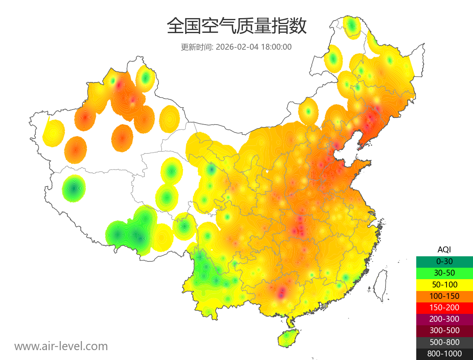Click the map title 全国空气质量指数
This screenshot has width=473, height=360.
236,26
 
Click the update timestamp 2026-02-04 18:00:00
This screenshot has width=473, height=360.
254,47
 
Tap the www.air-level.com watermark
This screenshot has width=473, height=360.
61,346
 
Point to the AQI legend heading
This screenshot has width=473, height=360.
444,250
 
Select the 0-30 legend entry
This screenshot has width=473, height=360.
444,261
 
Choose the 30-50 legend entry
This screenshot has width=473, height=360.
444,273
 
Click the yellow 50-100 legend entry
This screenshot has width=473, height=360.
444,284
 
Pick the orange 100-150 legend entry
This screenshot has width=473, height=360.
444,296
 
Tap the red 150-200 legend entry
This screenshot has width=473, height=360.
444,308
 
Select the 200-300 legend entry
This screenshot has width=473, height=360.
444,319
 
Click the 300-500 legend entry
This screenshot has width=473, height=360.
444,330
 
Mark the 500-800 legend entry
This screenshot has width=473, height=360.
444,342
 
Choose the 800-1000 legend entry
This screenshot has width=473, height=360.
444,354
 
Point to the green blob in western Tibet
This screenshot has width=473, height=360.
74,188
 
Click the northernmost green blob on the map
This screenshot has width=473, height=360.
352,26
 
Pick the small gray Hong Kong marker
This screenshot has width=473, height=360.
324,306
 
